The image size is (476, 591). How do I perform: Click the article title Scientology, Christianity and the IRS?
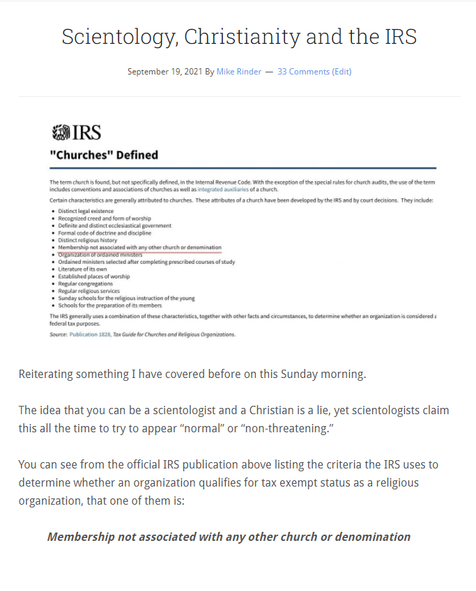click(238, 36)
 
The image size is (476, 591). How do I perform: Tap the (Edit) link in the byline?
click(341, 72)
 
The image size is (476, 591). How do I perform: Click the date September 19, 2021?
click(164, 72)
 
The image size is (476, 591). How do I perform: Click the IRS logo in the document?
click(77, 132)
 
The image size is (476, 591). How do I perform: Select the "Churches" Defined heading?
click(103, 155)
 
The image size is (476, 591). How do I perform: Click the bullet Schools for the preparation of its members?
click(110, 306)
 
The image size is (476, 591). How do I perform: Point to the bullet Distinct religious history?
click(88, 240)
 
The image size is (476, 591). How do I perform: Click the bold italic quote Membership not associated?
click(229, 537)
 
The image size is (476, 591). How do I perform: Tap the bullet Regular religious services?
click(89, 291)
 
